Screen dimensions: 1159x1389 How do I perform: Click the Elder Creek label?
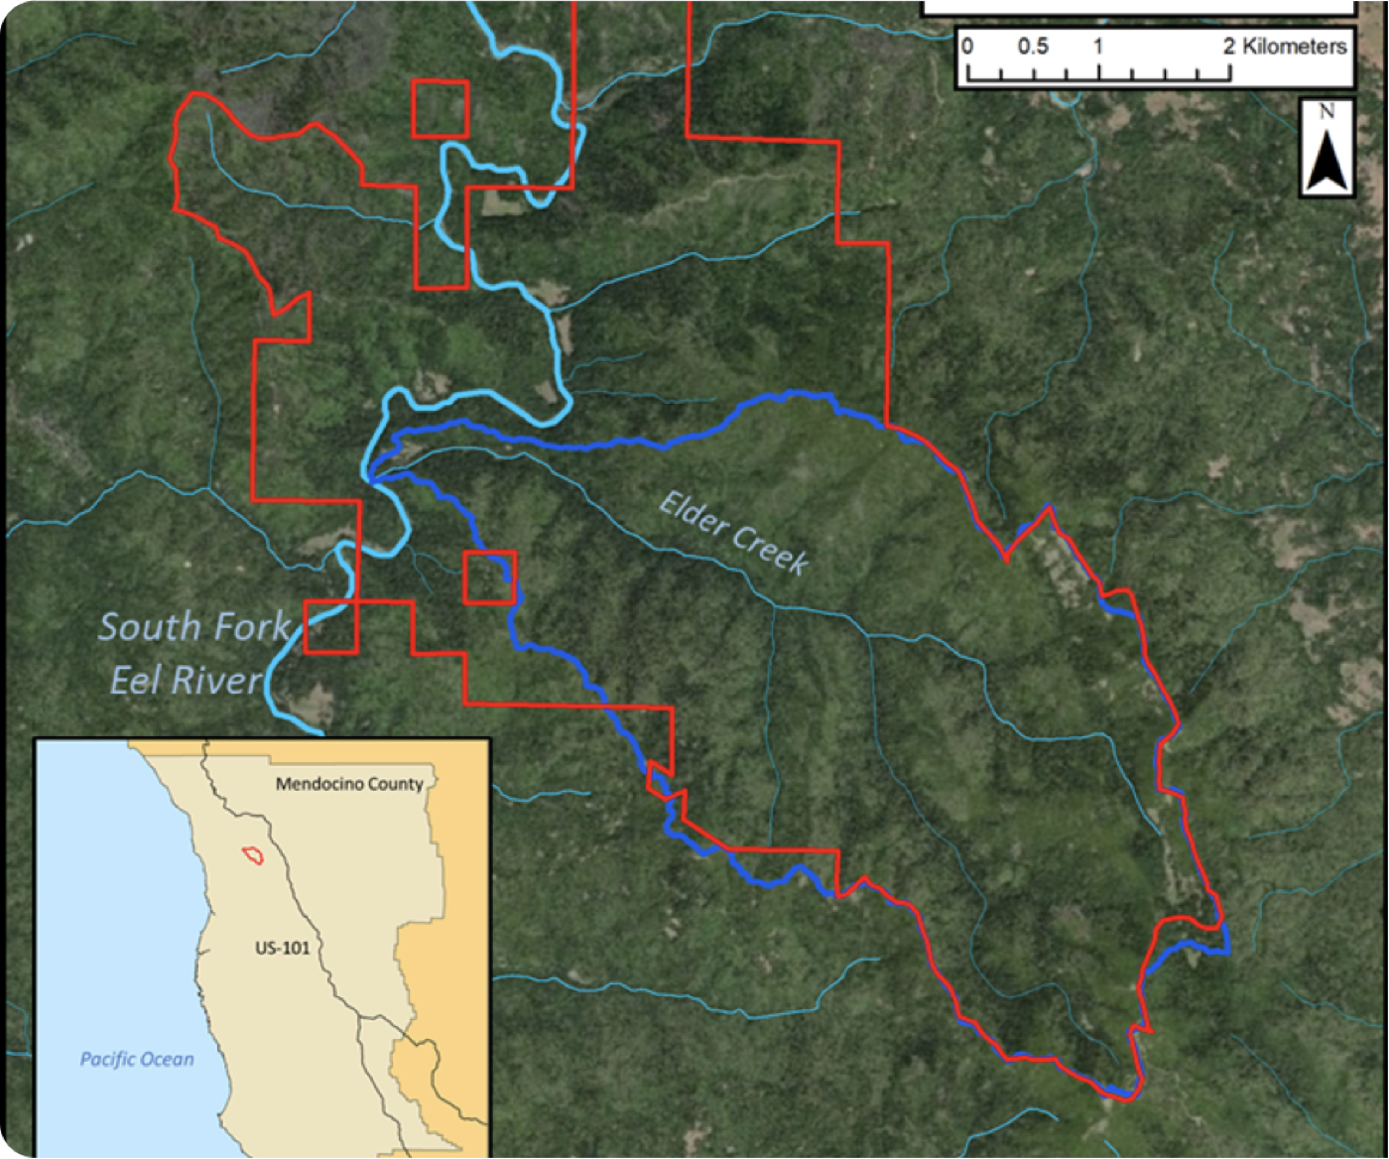tap(734, 532)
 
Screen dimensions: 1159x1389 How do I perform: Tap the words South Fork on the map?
tap(194, 627)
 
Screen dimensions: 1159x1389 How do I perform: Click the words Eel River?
tap(186, 681)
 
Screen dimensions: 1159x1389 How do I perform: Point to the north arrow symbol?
tap(1327, 159)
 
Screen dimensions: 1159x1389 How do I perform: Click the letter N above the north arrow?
tap(1326, 112)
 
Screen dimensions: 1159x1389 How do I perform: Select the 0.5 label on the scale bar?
tap(1032, 47)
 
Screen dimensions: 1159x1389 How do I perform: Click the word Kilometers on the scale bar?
tap(1294, 47)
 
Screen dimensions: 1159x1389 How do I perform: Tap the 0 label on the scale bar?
tap(968, 47)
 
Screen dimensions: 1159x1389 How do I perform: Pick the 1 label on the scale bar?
tap(1098, 47)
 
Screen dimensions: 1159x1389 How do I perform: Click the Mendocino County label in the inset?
tap(349, 784)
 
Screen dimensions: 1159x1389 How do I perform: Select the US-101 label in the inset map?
tap(282, 948)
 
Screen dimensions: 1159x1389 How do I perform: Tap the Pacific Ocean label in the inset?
tap(137, 1060)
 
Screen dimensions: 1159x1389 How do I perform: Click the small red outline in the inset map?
tap(253, 854)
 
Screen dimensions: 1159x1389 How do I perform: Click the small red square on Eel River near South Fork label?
tap(330, 626)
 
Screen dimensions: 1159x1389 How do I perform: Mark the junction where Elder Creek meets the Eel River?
tap(370, 479)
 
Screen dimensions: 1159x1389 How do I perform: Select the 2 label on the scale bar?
tap(1229, 47)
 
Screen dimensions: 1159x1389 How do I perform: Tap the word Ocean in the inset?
tap(166, 1060)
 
